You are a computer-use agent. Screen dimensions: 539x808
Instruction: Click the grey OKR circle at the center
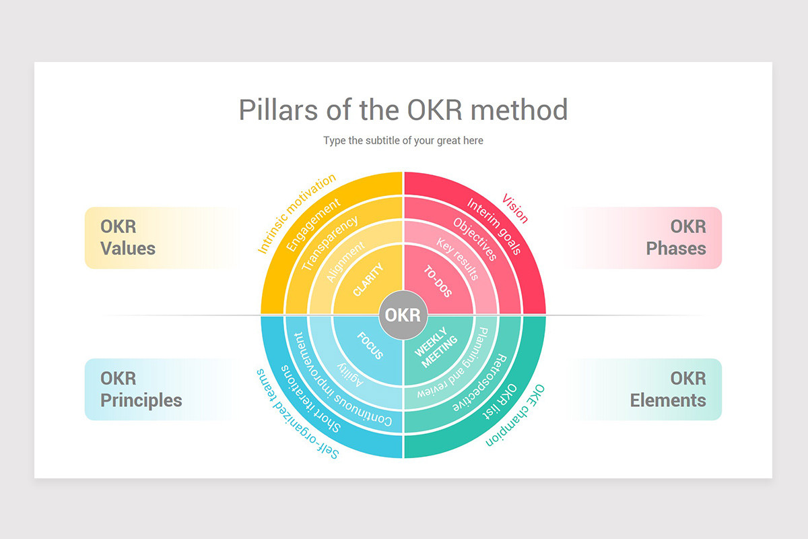403,315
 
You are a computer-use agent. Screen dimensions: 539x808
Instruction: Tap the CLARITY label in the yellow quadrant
368,280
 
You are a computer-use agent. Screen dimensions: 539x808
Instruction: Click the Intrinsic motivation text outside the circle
296,214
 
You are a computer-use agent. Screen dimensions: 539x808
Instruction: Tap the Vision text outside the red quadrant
516,208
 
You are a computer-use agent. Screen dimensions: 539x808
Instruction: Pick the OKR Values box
128,237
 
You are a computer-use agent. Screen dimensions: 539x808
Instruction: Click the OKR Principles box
141,389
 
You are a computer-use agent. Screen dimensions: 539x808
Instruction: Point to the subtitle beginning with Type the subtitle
403,140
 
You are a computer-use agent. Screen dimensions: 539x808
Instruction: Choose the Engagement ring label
313,226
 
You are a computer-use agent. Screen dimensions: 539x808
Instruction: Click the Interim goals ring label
494,226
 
